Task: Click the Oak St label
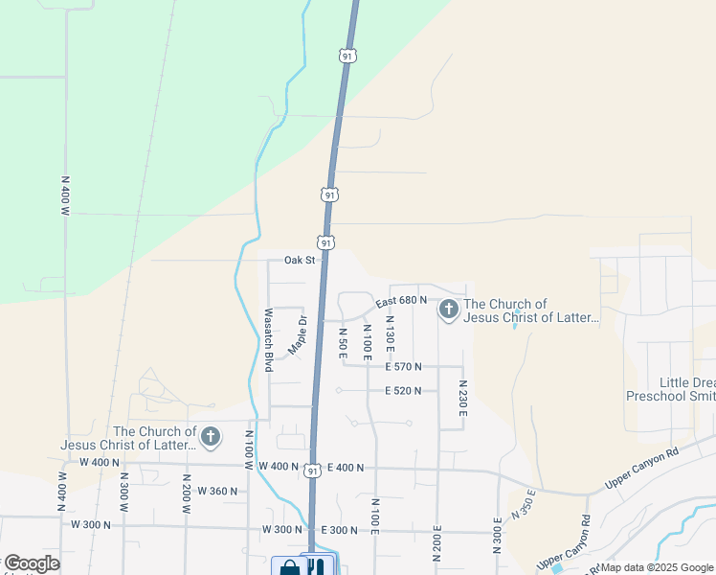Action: (x=300, y=260)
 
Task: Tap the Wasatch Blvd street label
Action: (x=269, y=340)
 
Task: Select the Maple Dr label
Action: (x=297, y=334)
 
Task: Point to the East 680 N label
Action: (x=401, y=301)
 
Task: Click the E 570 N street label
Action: (x=404, y=366)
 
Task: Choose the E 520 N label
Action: (x=404, y=391)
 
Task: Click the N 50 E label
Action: (x=343, y=343)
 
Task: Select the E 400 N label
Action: (x=347, y=468)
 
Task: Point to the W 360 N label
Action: (x=216, y=491)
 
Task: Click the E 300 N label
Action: (x=340, y=530)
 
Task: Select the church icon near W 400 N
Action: (x=211, y=438)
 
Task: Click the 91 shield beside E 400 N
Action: (x=313, y=471)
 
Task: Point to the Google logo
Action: (x=32, y=563)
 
